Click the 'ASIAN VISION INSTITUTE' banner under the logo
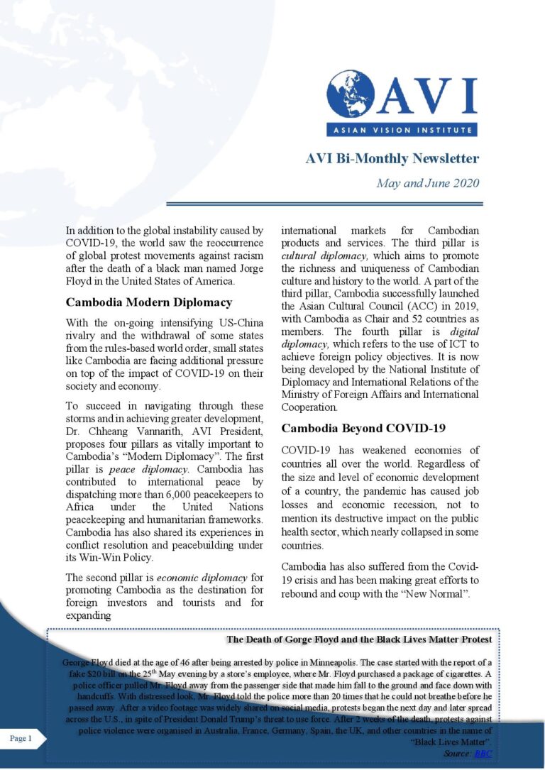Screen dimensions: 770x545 coord(402,130)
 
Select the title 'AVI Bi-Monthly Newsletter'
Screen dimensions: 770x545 coord(392,158)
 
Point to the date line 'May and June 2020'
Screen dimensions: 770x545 coord(427,183)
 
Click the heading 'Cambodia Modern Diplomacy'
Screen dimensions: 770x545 coord(148,302)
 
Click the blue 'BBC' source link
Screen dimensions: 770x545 coord(483,753)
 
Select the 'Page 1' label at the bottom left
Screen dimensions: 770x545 coord(21,739)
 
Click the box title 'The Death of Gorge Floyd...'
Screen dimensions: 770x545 coord(359,640)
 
